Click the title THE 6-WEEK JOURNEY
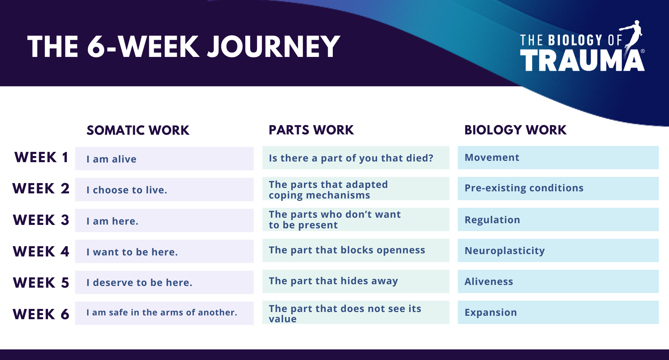(x=184, y=47)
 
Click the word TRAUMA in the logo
(x=582, y=60)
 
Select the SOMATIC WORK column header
(x=138, y=130)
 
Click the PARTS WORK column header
(x=311, y=130)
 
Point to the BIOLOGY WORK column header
(x=515, y=130)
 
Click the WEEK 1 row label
(x=41, y=157)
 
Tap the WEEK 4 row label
(x=41, y=251)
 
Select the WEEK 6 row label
(x=41, y=314)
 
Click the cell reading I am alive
(x=164, y=158)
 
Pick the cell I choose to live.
(x=164, y=189)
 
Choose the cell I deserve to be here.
(x=164, y=282)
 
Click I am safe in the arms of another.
(x=164, y=313)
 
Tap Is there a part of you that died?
(x=356, y=158)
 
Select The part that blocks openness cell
(x=356, y=250)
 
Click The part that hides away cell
(x=356, y=281)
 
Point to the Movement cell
(x=558, y=158)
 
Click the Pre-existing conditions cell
(x=558, y=189)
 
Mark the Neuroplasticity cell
(x=558, y=250)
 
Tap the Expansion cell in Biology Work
(x=558, y=312)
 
